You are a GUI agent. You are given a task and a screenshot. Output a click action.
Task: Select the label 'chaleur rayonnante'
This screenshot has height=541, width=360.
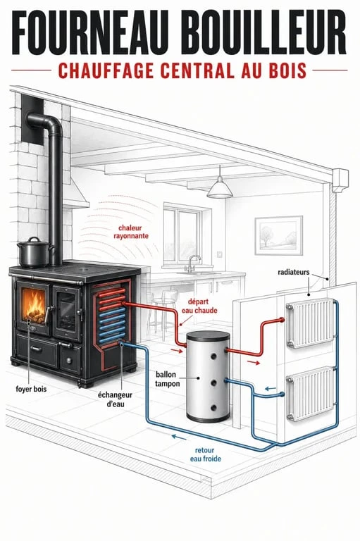coord(131,232)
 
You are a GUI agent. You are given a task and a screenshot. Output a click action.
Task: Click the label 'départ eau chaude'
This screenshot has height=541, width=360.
coord(199,306)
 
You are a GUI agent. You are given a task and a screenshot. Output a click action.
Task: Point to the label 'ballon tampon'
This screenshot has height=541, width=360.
coord(167,379)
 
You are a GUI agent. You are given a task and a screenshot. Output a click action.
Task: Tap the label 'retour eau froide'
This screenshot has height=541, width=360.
coord(206,454)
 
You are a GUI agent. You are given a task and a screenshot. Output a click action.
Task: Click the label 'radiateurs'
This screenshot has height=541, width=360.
coord(293,272)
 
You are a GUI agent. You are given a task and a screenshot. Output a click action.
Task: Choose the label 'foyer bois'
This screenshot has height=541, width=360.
coord(31,389)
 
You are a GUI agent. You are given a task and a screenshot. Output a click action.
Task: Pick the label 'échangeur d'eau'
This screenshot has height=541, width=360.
coord(115,399)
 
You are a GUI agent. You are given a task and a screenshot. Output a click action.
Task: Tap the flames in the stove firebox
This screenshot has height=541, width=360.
coord(34,304)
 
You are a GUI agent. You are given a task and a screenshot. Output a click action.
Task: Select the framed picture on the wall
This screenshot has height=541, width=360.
coord(279,236)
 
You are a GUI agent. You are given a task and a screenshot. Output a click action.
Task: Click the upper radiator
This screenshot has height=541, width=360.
coord(310,323)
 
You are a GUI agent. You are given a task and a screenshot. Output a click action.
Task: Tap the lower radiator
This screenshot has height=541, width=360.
coord(310,393)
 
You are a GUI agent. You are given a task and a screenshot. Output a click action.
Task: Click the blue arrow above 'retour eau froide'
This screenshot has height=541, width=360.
coord(179,437)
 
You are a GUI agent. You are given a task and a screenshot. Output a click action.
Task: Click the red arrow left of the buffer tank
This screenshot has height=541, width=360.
coord(177,351)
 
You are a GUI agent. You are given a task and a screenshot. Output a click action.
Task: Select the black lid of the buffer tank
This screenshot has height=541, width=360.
coord(208,335)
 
